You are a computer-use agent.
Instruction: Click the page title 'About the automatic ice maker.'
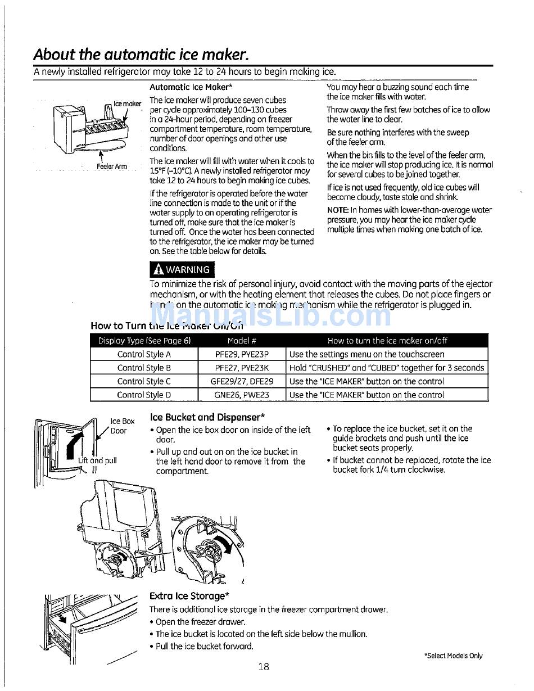point(141,55)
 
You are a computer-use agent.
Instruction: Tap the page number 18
point(264,667)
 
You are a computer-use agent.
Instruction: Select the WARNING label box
point(182,269)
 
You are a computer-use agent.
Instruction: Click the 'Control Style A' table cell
point(144,354)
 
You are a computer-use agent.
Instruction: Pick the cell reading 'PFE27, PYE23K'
point(242,368)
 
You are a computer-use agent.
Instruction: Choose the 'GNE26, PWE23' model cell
point(242,395)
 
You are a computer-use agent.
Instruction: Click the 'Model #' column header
point(242,341)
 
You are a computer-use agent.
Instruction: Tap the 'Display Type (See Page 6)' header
point(144,341)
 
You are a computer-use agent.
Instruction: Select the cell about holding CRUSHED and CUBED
point(387,368)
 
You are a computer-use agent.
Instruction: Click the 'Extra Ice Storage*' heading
point(189,596)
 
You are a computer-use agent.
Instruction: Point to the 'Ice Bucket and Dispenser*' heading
point(207,417)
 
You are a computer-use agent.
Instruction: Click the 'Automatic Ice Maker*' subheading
point(191,87)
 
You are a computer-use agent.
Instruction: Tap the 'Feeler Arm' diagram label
point(112,166)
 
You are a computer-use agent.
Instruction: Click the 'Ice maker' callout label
point(127,103)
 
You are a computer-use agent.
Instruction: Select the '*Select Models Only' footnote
point(453,656)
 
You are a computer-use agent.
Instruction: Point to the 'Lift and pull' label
point(98,460)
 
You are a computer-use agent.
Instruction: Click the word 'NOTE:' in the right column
point(338,210)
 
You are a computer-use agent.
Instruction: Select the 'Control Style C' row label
point(144,381)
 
